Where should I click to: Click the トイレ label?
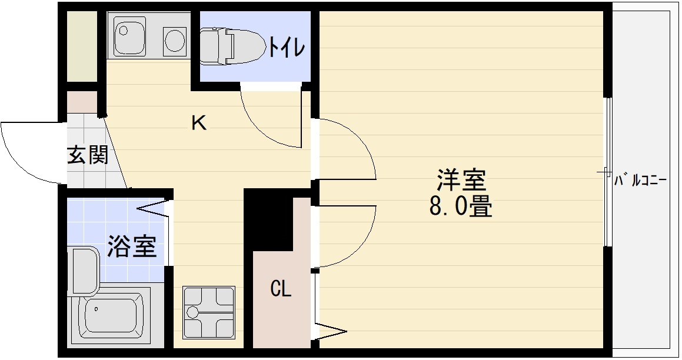coord(287,47)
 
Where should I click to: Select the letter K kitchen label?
coord(199,124)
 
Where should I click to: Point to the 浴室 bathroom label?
coord(132,246)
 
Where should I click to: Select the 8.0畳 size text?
coord(461,206)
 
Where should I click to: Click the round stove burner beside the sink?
coord(175,41)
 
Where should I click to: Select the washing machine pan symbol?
coord(208,312)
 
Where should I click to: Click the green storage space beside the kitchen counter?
coord(81,46)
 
